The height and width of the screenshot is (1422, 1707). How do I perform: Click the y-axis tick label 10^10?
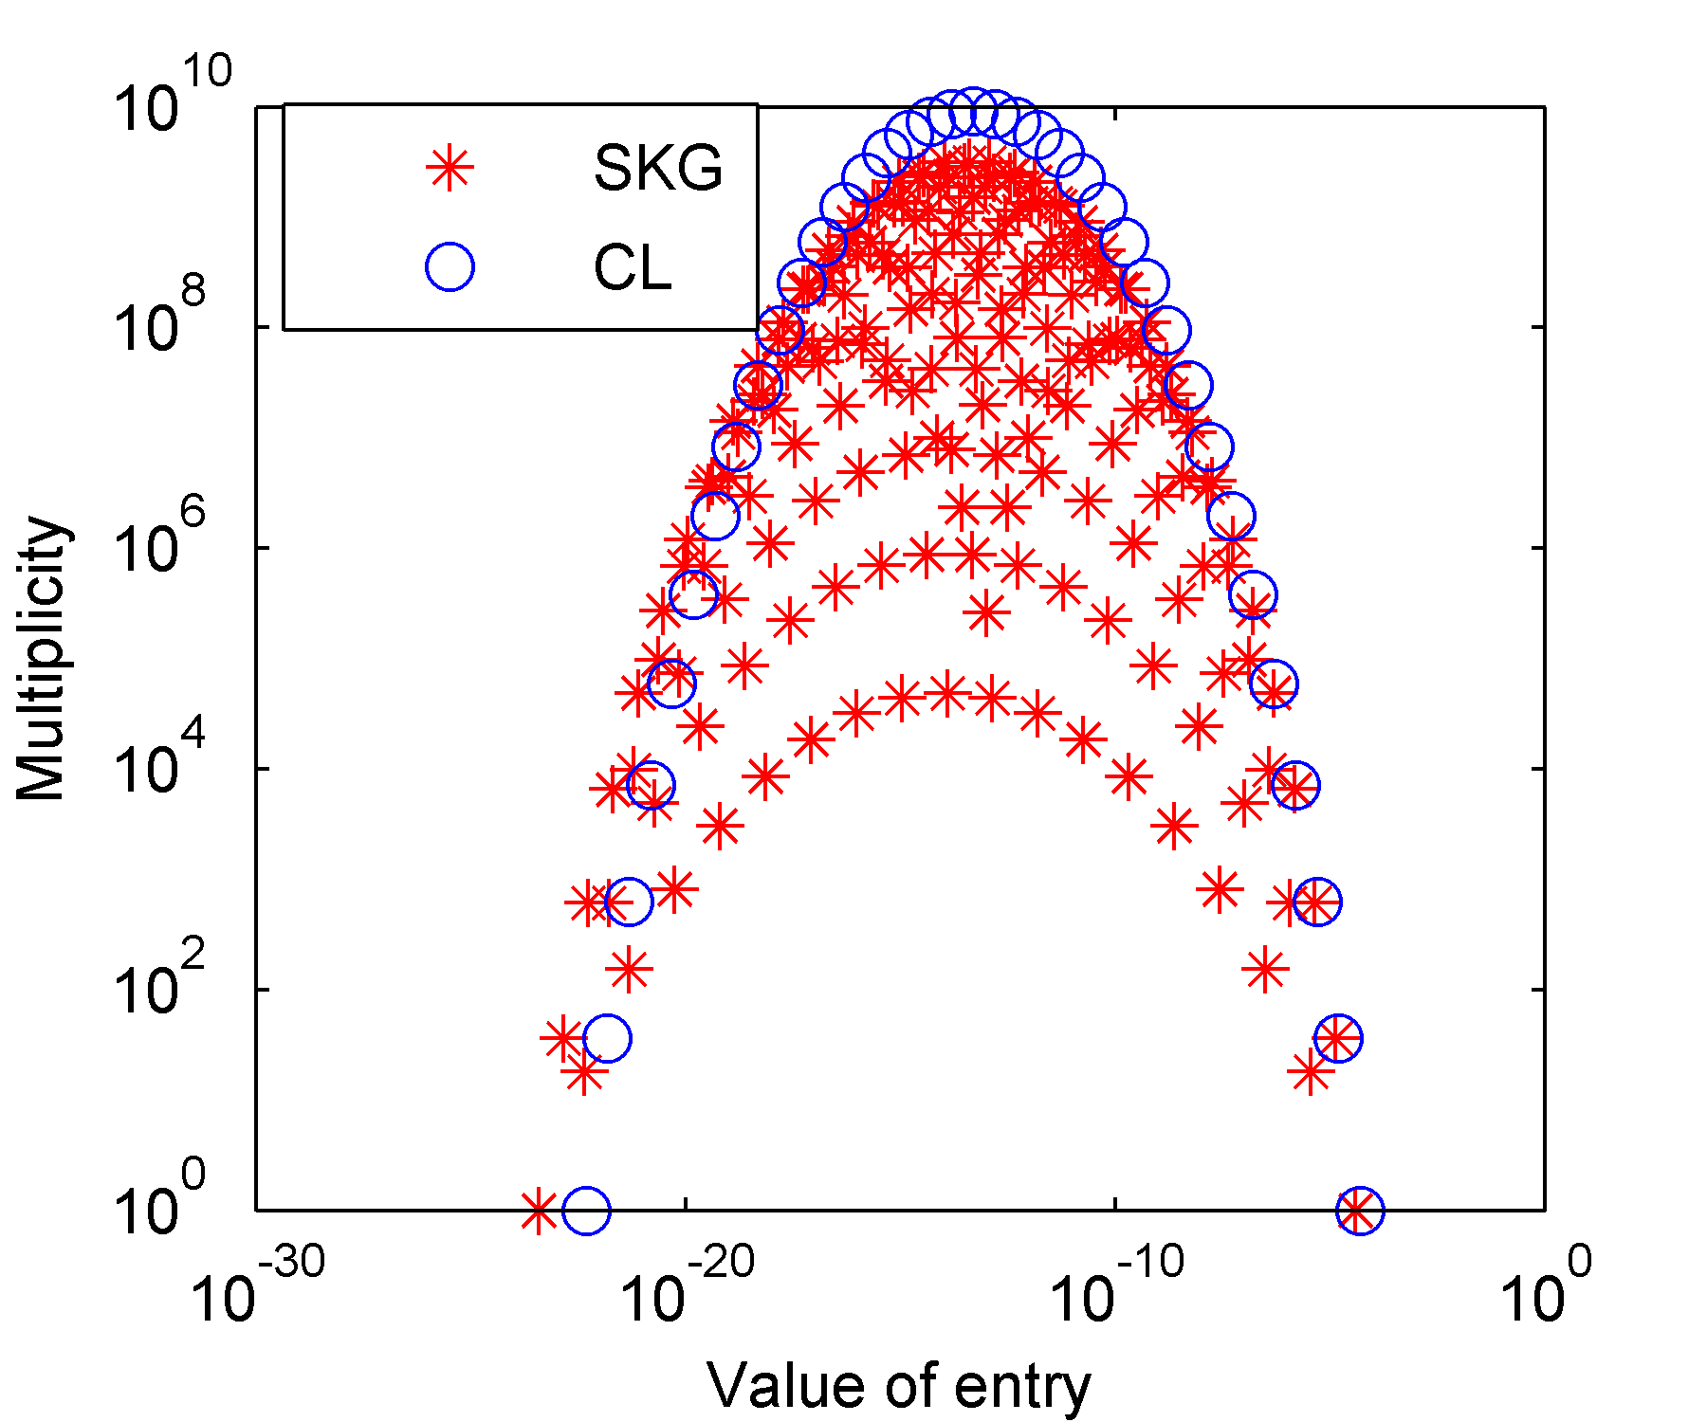(x=171, y=99)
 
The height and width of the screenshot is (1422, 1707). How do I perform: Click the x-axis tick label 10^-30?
(x=257, y=1289)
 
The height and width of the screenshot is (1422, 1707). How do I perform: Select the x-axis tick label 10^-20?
(x=688, y=1289)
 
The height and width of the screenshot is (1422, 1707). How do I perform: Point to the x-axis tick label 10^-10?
(x=1117, y=1289)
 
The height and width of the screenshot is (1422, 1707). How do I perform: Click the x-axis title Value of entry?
(x=899, y=1386)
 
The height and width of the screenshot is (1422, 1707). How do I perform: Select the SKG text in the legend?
(x=658, y=169)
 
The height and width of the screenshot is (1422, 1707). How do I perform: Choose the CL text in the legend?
(x=633, y=267)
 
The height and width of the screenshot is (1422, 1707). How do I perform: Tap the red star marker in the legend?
(x=450, y=169)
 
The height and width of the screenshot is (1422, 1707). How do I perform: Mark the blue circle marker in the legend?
(x=450, y=267)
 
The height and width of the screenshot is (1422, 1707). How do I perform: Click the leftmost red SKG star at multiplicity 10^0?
(x=539, y=1211)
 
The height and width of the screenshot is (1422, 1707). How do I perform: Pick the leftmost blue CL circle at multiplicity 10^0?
(x=586, y=1211)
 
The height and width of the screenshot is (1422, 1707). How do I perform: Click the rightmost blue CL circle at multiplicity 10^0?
(x=1360, y=1211)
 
